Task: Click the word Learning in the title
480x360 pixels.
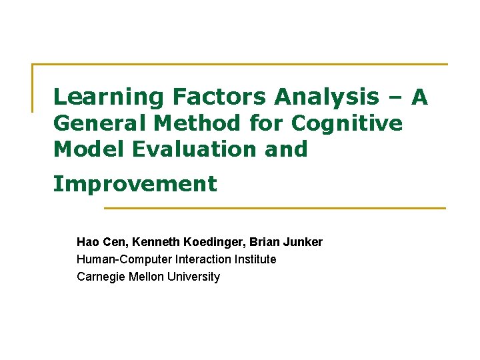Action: [x=108, y=97]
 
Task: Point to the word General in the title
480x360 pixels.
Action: [x=89, y=123]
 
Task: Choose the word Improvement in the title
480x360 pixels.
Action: [x=135, y=184]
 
